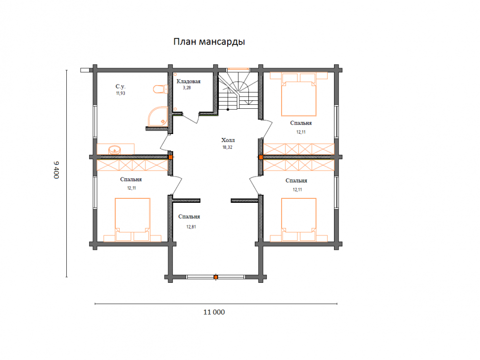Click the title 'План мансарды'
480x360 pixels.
click(x=209, y=42)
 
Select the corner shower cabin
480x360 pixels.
click(x=158, y=116)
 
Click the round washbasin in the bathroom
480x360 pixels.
click(x=114, y=150)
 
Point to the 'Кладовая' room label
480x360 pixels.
click(x=189, y=82)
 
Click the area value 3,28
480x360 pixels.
click(x=187, y=88)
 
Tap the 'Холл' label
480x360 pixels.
click(x=228, y=140)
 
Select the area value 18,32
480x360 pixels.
click(x=228, y=147)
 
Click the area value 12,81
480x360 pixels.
click(x=191, y=227)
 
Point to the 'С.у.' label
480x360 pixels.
click(x=120, y=87)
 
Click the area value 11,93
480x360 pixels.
click(x=120, y=93)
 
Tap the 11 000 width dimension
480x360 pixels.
click(x=214, y=312)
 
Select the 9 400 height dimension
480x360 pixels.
click(x=56, y=170)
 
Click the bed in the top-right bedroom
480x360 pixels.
click(x=298, y=94)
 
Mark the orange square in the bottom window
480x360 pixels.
click(x=216, y=277)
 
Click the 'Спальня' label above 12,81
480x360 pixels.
click(x=189, y=217)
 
